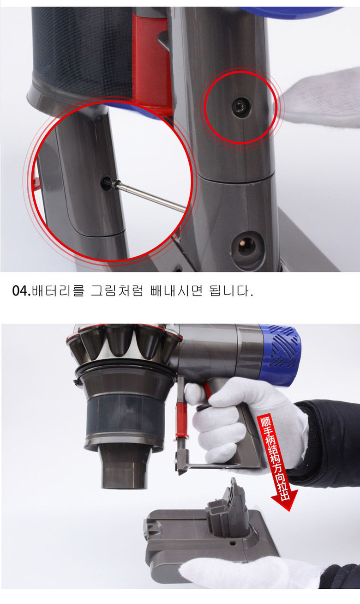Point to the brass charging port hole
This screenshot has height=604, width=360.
pos(246,243)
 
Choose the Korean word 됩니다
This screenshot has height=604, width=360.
pos(231,292)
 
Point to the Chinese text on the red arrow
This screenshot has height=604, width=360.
pos(272,453)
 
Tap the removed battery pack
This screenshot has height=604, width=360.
pos(208,536)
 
